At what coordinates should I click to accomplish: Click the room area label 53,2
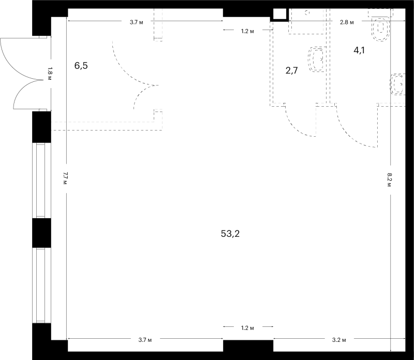pyautogui.click(x=230, y=234)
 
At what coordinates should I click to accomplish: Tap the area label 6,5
pyautogui.click(x=81, y=66)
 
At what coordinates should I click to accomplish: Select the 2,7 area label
pyautogui.click(x=292, y=70)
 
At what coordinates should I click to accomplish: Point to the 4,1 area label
pyautogui.click(x=359, y=50)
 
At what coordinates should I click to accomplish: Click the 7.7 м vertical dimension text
pyautogui.click(x=65, y=178)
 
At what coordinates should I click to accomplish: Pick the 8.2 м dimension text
pyautogui.click(x=390, y=180)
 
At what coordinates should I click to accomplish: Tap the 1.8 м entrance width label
pyautogui.click(x=50, y=74)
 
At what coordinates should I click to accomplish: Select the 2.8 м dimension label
pyautogui.click(x=347, y=22)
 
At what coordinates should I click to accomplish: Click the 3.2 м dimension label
pyautogui.click(x=339, y=340)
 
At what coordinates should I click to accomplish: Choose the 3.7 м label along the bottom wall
pyautogui.click(x=145, y=340)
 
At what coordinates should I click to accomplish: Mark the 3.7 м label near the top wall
pyautogui.click(x=136, y=22)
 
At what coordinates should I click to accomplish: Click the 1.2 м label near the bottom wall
pyautogui.click(x=247, y=328)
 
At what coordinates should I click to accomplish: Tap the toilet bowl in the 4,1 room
pyautogui.click(x=380, y=28)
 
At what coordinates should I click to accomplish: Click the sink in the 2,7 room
pyautogui.click(x=317, y=59)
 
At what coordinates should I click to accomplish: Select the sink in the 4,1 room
pyautogui.click(x=397, y=84)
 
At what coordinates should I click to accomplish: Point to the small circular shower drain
pyautogui.click(x=307, y=12)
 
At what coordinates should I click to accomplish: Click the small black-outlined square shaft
pyautogui.click(x=280, y=14)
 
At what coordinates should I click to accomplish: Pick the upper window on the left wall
pyautogui.click(x=42, y=180)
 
